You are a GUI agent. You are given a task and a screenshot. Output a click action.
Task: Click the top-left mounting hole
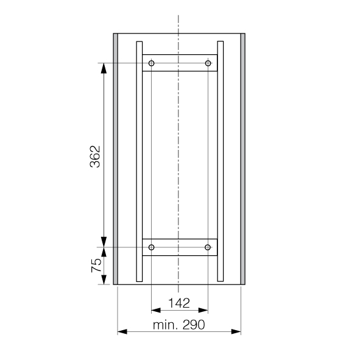pyautogui.click(x=151, y=63)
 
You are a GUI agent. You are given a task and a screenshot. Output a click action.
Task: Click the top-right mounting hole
pyautogui.click(x=208, y=63)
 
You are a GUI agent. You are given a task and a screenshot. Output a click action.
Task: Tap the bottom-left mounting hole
pyautogui.click(x=151, y=247)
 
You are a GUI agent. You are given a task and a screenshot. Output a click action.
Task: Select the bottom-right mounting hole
pyautogui.click(x=208, y=247)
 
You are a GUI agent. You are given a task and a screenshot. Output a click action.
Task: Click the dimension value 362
pyautogui.click(x=95, y=157)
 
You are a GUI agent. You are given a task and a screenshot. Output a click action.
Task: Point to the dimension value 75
pyautogui.click(x=96, y=266)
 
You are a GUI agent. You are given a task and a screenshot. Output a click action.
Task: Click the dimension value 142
pyautogui.click(x=179, y=303)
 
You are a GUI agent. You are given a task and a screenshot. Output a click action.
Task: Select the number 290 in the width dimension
pyautogui.click(x=194, y=325)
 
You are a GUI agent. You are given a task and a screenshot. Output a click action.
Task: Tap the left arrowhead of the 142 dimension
pyautogui.click(x=156, y=311)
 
